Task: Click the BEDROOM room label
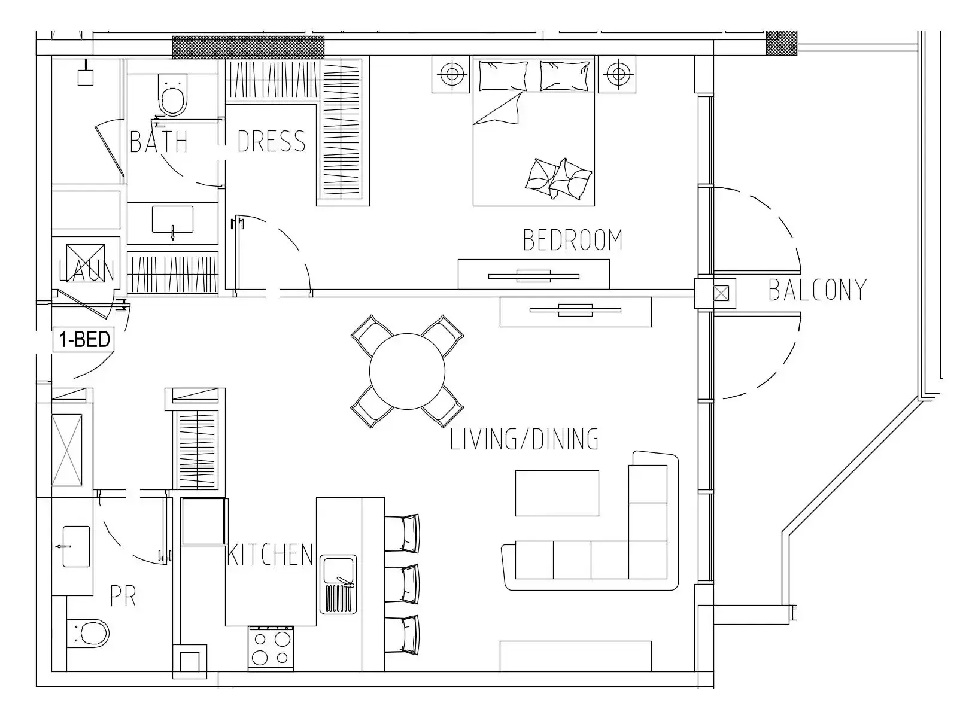click(x=572, y=240)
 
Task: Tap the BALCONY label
click(x=817, y=290)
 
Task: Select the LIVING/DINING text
click(x=524, y=439)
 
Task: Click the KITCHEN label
click(x=270, y=555)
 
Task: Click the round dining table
click(x=407, y=371)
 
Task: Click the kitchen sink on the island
click(x=338, y=584)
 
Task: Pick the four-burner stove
click(x=271, y=649)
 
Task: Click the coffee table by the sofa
click(x=557, y=493)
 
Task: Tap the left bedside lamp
click(x=451, y=74)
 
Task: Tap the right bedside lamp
click(x=616, y=74)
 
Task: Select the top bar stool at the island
click(x=403, y=533)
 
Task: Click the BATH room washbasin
click(x=172, y=220)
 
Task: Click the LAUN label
click(x=87, y=270)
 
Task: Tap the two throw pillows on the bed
click(x=558, y=178)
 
